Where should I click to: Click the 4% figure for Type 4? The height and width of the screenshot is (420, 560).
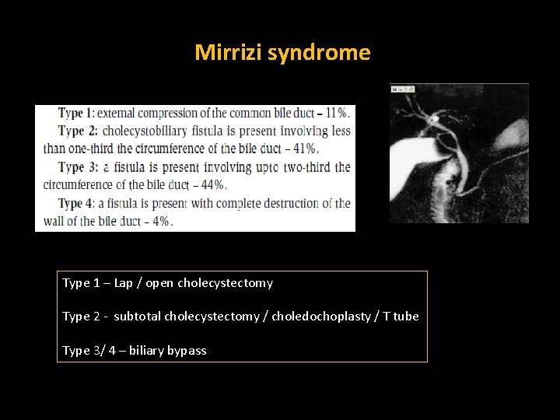pos(163,221)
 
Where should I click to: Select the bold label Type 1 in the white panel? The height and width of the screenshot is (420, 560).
pos(75,113)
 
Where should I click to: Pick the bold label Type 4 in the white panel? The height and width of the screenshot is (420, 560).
pos(75,203)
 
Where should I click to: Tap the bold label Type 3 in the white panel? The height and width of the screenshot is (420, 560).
pos(75,167)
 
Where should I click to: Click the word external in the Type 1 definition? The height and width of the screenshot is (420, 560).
pos(117,113)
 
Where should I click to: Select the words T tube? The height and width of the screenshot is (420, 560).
pos(401,317)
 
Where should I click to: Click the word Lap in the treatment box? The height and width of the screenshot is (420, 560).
pos(123,283)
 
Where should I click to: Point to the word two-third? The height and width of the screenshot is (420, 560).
pos(309,167)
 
